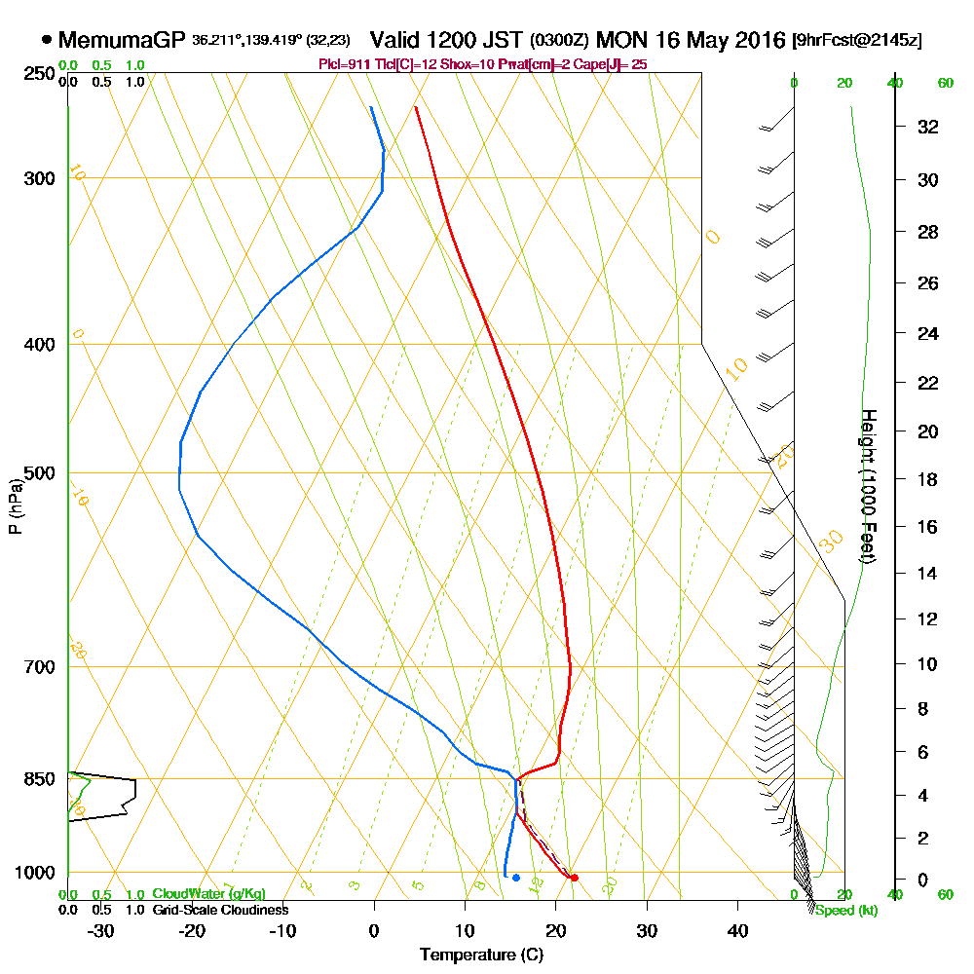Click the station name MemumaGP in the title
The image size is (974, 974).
[121, 40]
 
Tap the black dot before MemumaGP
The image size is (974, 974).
[47, 40]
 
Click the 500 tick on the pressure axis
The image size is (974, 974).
[39, 473]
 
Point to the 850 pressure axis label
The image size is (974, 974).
[39, 779]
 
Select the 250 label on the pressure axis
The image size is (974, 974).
[39, 74]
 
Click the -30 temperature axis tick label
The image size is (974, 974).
[100, 931]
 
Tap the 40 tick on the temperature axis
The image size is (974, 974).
[737, 931]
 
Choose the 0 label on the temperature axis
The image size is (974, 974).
[374, 931]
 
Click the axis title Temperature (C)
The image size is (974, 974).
[481, 955]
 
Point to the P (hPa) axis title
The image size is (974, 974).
[15, 506]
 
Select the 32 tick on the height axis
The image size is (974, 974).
[928, 127]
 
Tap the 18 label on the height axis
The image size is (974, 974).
[928, 479]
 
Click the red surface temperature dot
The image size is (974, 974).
[575, 878]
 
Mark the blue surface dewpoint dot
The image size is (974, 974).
[515, 878]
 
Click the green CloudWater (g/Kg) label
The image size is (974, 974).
[208, 894]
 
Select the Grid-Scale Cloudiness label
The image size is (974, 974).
[220, 910]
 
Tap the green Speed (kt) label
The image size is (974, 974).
[844, 910]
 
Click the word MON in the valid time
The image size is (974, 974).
[621, 40]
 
